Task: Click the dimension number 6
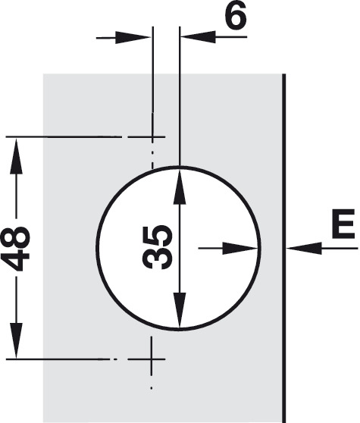click(x=236, y=16)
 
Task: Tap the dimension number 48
click(x=15, y=249)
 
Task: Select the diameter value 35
click(x=157, y=247)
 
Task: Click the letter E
click(x=343, y=224)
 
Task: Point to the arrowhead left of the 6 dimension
click(x=133, y=37)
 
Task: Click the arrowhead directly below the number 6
click(x=199, y=37)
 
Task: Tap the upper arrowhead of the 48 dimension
click(x=16, y=156)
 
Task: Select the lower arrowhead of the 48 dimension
click(x=16, y=340)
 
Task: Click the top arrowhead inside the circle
click(x=180, y=186)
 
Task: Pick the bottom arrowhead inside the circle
click(x=180, y=310)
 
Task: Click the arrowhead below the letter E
click(x=305, y=248)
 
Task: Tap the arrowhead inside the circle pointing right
click(x=239, y=248)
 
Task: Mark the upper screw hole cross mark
click(x=152, y=137)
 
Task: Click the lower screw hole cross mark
click(x=152, y=359)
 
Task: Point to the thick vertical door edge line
click(x=283, y=248)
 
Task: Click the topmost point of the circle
click(x=179, y=168)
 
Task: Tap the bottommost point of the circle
click(x=179, y=329)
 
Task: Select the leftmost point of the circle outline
click(x=98, y=248)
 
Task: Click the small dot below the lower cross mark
click(x=152, y=388)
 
